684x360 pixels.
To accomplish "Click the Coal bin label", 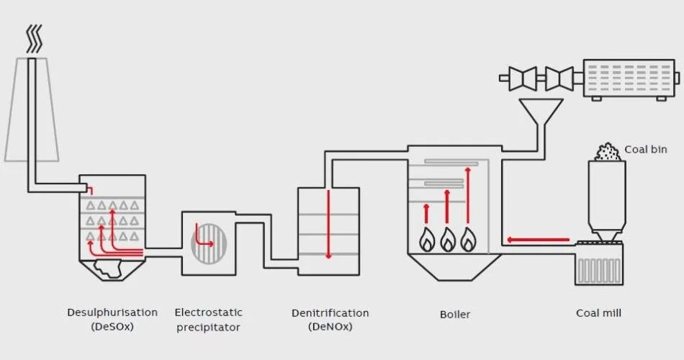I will pyautogui.click(x=645, y=149).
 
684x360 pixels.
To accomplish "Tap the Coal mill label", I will pyautogui.click(x=598, y=313).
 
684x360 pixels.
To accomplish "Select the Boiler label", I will pyautogui.click(x=455, y=314).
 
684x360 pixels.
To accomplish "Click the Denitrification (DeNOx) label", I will pyautogui.click(x=330, y=320).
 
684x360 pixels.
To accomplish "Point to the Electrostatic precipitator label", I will pyautogui.click(x=208, y=320).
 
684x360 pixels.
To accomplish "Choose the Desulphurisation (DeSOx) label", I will pyautogui.click(x=112, y=319).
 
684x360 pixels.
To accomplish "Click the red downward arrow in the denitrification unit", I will pyautogui.click(x=328, y=223).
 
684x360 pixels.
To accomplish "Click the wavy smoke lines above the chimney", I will pyautogui.click(x=34, y=40).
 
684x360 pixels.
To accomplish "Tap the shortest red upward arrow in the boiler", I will pyautogui.click(x=426, y=214).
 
